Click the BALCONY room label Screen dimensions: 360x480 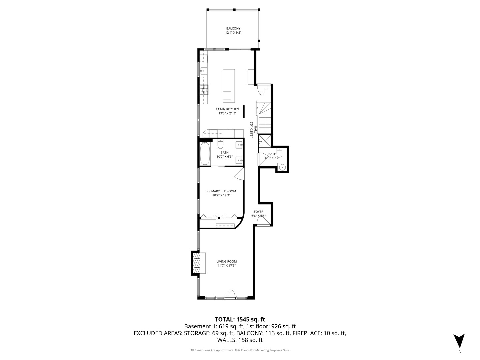click(233, 29)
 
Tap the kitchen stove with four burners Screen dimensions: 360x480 click(204, 89)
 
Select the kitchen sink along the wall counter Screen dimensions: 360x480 click(203, 71)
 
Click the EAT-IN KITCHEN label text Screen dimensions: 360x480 click(227, 109)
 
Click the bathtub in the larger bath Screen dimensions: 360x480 click(205, 154)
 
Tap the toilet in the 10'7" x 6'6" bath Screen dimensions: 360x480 click(220, 145)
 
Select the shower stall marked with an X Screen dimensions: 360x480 click(265, 140)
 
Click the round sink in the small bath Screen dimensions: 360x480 click(282, 167)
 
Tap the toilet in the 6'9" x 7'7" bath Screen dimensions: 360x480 click(279, 153)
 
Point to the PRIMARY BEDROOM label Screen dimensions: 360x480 click(221, 191)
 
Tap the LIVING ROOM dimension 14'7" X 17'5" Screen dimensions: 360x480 click(227, 266)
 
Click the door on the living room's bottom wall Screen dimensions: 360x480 click(230, 295)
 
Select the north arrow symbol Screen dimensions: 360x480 click(459, 341)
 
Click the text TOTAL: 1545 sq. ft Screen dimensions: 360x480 click(240, 319)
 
